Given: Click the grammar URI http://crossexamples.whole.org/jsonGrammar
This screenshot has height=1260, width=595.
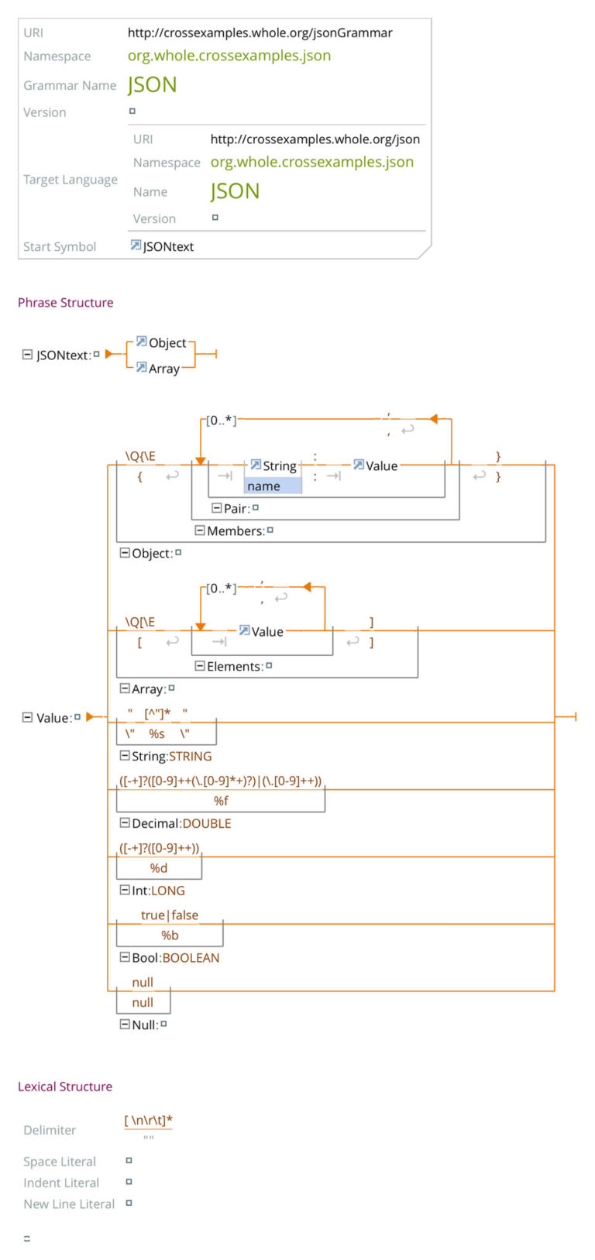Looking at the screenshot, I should click(260, 33).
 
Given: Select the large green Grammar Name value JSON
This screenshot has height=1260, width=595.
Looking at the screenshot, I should click(153, 85).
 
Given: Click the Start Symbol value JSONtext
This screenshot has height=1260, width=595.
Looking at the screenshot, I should click(168, 247).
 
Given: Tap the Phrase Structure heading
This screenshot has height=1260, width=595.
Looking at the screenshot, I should click(66, 303).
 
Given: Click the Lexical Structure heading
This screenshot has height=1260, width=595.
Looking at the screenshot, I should click(65, 1087).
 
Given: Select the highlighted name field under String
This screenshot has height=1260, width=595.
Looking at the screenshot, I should click(272, 486).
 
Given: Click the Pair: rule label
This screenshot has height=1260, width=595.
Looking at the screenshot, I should click(236, 509).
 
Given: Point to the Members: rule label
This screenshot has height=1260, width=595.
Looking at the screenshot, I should click(235, 531).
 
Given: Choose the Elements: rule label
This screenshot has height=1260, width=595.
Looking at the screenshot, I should click(234, 667).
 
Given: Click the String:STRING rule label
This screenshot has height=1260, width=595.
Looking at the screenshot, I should click(170, 757).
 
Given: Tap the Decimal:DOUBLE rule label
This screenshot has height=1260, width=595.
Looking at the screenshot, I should click(181, 824).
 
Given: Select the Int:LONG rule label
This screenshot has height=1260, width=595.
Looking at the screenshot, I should click(157, 891).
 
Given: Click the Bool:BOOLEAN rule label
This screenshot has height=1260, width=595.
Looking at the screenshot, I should click(175, 959).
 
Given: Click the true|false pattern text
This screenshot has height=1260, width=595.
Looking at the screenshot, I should click(170, 915).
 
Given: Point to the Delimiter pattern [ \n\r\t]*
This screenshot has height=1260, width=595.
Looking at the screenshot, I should click(148, 1121).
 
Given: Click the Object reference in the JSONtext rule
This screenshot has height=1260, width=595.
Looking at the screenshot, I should click(167, 343).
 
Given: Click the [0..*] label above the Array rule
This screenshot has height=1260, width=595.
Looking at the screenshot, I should click(222, 589).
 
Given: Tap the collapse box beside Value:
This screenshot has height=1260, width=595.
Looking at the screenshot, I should click(28, 718).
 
